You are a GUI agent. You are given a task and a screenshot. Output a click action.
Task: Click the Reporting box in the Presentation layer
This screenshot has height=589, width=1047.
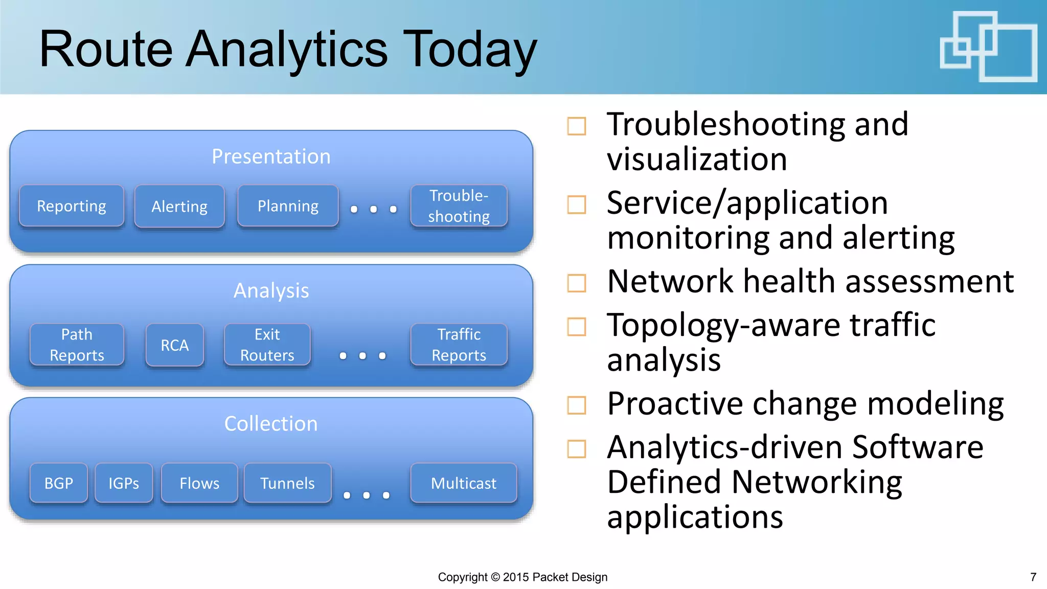[72, 206]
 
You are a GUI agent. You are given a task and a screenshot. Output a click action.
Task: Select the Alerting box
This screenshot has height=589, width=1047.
[179, 207]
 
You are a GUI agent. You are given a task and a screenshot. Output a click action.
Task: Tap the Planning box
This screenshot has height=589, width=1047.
[288, 206]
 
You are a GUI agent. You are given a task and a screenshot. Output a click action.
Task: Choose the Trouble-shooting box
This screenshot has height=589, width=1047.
[459, 206]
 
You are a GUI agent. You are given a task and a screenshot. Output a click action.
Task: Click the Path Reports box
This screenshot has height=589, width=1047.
[77, 345]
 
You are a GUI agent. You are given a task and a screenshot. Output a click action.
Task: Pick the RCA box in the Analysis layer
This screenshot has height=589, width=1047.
[175, 345]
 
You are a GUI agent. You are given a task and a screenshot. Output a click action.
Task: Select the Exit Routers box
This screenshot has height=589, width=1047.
[267, 345]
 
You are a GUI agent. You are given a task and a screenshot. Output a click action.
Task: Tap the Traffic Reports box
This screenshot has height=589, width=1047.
[459, 345]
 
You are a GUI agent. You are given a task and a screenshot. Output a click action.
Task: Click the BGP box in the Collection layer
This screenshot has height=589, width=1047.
[59, 483]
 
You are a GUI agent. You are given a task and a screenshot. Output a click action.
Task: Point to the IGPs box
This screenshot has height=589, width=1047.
[124, 483]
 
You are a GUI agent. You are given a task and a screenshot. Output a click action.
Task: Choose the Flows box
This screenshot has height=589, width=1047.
[199, 483]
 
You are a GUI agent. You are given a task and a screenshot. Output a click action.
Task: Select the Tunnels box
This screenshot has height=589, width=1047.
[287, 483]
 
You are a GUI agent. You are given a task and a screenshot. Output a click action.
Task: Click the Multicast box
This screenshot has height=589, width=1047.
[464, 483]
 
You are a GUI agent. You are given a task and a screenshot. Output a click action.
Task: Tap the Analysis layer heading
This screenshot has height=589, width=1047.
[271, 290]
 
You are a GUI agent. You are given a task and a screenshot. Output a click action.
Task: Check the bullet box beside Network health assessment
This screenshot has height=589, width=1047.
[577, 283]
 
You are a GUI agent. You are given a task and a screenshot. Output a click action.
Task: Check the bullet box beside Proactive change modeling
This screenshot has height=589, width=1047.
[577, 405]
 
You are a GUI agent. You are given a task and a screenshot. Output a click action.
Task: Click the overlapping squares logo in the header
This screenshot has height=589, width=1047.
[988, 47]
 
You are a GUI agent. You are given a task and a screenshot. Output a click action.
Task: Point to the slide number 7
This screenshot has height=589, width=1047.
[1033, 577]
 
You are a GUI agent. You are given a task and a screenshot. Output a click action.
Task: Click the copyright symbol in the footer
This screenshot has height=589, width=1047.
[495, 577]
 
